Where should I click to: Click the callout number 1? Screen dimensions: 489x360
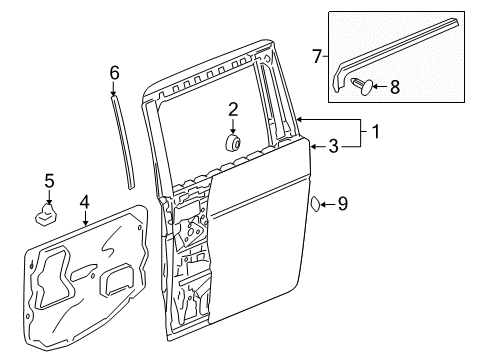coord(376,132)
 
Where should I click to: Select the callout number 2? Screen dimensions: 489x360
coord(233,109)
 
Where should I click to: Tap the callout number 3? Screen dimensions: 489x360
coord(334,146)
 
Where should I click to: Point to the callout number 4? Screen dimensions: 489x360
coord(85,202)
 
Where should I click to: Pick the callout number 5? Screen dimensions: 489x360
coord(49,181)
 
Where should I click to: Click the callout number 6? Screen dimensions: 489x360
coord(114,73)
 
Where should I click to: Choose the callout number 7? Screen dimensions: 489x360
coord(317,56)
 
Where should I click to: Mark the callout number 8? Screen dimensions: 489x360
coord(395,87)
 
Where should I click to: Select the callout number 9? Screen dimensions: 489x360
coord(343,204)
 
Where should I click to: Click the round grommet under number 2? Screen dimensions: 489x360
coord(232,143)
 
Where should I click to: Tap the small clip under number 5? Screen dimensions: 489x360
coord(46,215)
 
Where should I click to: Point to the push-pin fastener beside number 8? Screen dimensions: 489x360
coord(362,86)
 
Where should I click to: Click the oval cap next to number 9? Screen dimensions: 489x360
coord(315,204)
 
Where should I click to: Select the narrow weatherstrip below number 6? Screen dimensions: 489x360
coord(123,143)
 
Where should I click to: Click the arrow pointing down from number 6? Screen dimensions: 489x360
coord(114,89)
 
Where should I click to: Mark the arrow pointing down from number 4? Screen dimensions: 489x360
coord(85,218)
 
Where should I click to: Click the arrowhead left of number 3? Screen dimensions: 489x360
coord(313,146)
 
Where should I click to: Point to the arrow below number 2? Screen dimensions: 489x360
coord(233,126)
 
